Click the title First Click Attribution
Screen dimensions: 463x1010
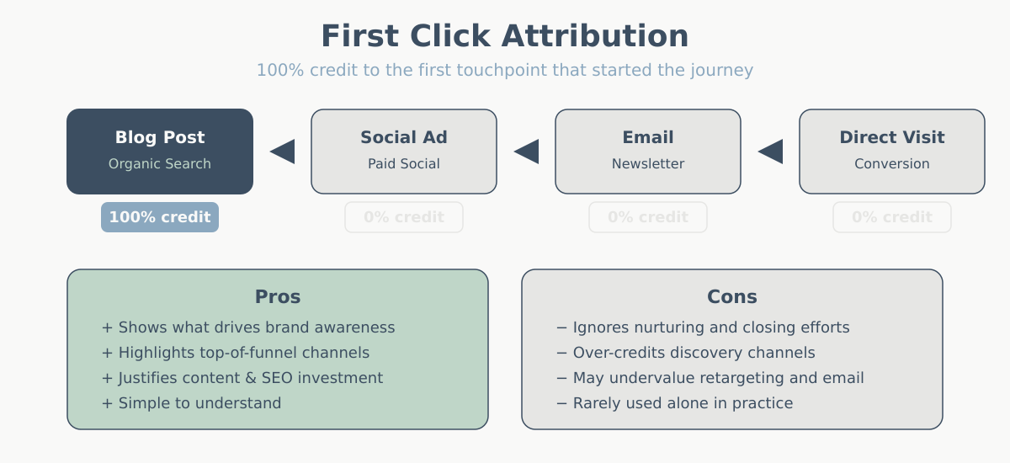click(x=505, y=37)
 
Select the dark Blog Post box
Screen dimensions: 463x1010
click(x=160, y=151)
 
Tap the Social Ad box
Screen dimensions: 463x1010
click(x=404, y=151)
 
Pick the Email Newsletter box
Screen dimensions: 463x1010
click(x=648, y=151)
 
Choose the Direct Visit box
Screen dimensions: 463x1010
click(x=892, y=151)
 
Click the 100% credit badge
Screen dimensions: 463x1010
click(x=160, y=217)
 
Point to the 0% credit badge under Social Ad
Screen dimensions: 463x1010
click(x=404, y=217)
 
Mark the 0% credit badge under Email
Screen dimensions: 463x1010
click(x=648, y=217)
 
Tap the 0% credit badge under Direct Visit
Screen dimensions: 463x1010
click(x=892, y=217)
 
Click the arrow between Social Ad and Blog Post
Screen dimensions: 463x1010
click(x=284, y=152)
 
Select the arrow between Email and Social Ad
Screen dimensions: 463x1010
click(x=528, y=152)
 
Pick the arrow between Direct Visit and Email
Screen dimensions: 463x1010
click(x=772, y=152)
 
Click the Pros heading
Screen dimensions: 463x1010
click(x=278, y=297)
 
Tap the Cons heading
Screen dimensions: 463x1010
click(x=732, y=297)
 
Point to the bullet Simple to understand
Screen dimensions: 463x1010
click(x=191, y=403)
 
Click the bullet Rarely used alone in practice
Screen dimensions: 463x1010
click(x=674, y=403)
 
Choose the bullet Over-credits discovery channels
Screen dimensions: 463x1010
click(x=686, y=353)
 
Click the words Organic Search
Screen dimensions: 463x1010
click(x=160, y=164)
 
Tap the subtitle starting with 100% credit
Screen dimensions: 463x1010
click(x=505, y=70)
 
